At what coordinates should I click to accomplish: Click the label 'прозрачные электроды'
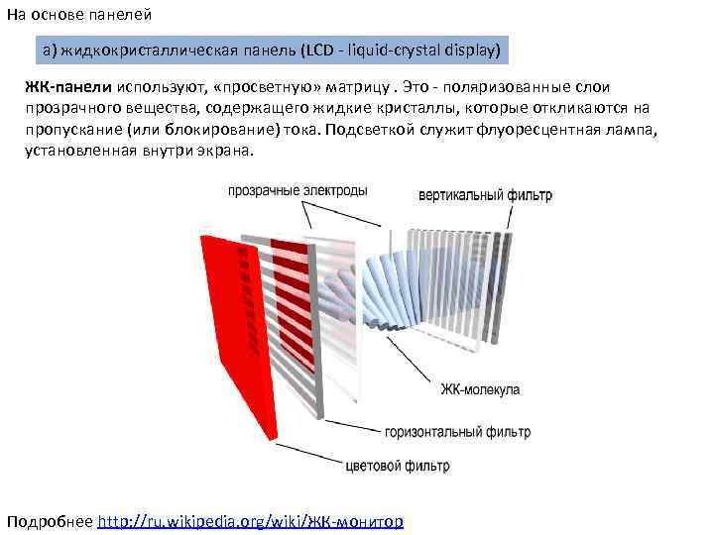pos(297,189)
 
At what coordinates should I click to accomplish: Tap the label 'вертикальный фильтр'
pos(485,194)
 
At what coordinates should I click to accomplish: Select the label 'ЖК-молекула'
pos(480,389)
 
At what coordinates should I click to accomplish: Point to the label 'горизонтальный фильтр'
pos(457,432)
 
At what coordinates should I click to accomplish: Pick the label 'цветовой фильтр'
pos(397,465)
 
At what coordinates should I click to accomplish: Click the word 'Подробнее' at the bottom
pos(50,521)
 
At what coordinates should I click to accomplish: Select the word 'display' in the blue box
pos(465,49)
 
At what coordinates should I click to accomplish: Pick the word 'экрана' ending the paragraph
pos(225,151)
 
